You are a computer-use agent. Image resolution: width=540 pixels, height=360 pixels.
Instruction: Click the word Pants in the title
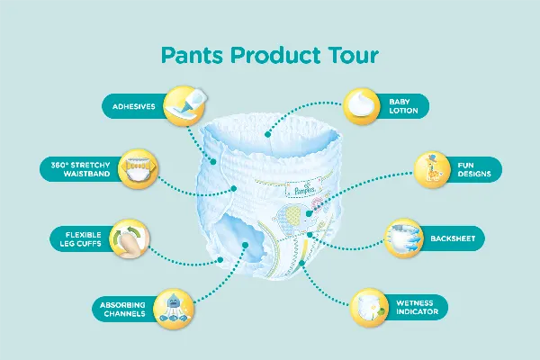click(192, 56)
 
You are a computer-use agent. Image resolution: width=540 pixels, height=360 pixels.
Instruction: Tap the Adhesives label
click(132, 107)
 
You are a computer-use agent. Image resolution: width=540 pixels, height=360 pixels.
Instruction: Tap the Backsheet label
click(459, 238)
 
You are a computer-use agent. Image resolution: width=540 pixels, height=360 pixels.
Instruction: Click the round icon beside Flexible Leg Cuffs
click(126, 240)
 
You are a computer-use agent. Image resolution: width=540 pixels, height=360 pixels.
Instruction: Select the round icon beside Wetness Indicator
click(368, 308)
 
